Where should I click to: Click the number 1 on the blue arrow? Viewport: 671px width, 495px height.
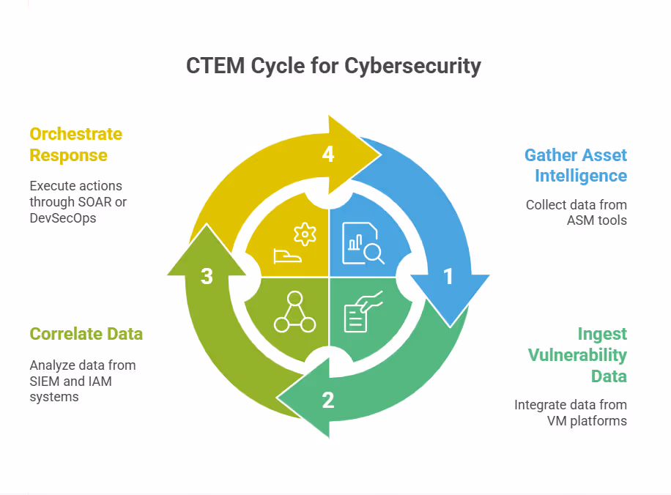[448, 277]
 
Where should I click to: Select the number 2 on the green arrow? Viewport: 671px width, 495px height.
[327, 400]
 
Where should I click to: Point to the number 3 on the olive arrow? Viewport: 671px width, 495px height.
[207, 277]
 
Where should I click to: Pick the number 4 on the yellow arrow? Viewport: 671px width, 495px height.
[327, 155]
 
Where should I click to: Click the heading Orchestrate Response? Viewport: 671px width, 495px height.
[75, 144]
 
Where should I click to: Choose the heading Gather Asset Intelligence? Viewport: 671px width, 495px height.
[576, 165]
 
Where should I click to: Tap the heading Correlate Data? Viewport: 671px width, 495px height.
[86, 334]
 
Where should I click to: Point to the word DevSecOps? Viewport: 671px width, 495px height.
[62, 217]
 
